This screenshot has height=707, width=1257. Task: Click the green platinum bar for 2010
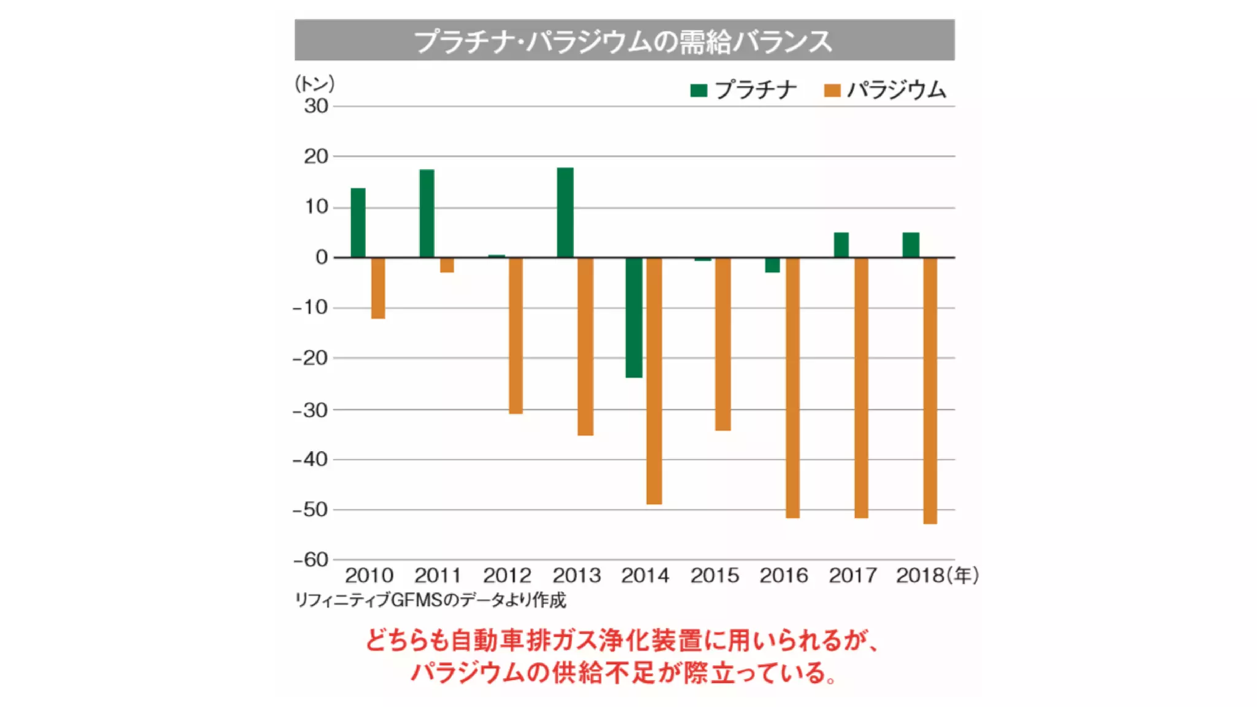coord(358,223)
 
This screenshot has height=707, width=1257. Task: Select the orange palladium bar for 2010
coord(378,288)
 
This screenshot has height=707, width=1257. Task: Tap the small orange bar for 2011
coord(447,265)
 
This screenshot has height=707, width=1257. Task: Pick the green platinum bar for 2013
coord(565,212)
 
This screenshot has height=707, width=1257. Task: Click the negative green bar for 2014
coord(634,317)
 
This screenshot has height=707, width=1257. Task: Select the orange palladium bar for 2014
coord(654,381)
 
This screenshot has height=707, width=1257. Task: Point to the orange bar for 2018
coord(930,390)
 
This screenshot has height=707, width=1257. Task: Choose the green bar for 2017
coord(841,245)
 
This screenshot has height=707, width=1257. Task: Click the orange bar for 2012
coord(516,335)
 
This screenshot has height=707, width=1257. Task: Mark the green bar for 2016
coord(772,265)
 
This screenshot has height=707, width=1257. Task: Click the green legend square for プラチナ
coord(698,91)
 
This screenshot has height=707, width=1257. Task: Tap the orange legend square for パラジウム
coord(832,91)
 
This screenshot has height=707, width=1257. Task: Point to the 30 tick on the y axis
coord(316,106)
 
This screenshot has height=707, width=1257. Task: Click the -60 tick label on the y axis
coord(311,560)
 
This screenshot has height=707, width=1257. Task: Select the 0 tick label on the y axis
coord(322,257)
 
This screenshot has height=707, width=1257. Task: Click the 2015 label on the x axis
coord(714,576)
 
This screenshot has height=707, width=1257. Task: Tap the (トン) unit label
coord(314,83)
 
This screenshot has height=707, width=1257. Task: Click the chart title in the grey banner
coord(624,41)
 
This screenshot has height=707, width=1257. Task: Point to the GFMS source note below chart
coord(430,600)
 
